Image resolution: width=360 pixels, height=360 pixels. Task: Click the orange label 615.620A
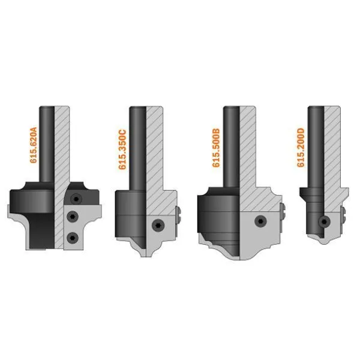(34, 145)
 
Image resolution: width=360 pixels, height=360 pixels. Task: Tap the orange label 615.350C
(122, 149)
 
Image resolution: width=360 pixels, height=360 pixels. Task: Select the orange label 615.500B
(216, 148)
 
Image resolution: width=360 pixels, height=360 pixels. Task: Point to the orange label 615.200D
(301, 148)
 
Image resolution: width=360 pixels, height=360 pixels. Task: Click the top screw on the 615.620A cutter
(76, 199)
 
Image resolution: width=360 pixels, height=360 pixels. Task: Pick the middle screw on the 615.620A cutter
(73, 217)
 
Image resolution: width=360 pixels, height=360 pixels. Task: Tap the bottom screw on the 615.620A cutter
(73, 238)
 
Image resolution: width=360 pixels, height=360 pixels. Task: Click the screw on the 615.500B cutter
(260, 221)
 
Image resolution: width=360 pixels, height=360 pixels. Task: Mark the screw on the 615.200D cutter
(324, 221)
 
